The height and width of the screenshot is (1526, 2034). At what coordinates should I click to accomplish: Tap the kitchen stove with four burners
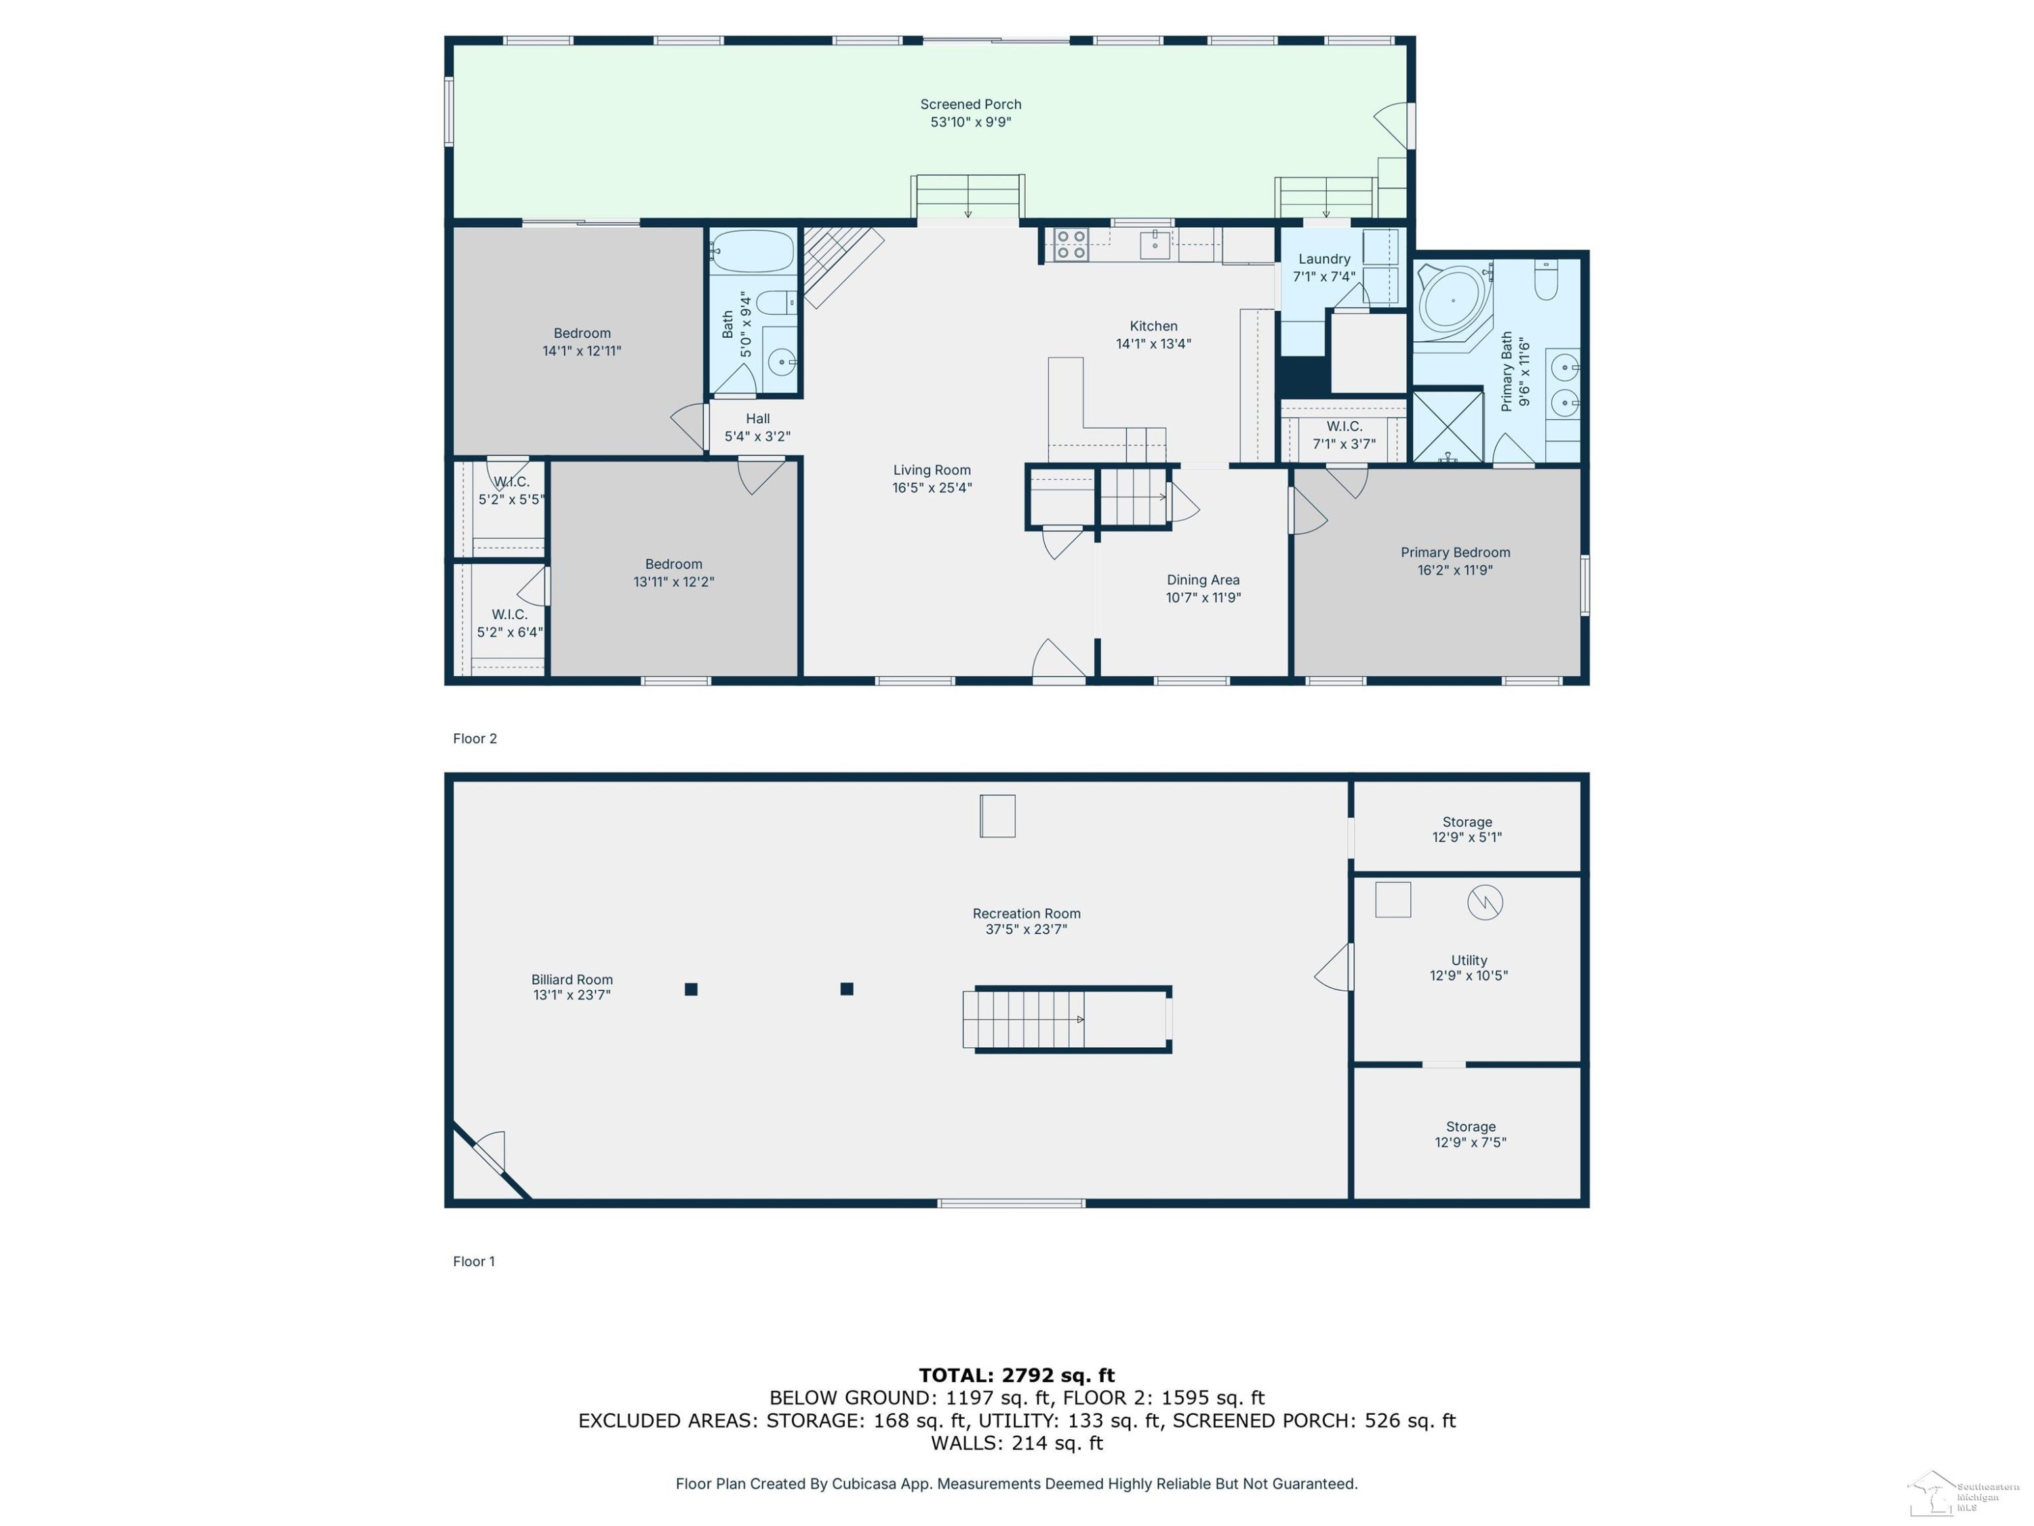point(1071,245)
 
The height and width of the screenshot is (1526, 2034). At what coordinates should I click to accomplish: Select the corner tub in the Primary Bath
point(1452,300)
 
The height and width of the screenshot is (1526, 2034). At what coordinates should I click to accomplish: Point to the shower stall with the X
point(1448,427)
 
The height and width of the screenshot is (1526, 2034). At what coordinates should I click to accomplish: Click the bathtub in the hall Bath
point(752,251)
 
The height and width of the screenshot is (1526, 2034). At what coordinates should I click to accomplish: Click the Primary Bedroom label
point(1455,561)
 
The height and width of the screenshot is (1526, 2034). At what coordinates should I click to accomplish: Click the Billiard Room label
point(572,987)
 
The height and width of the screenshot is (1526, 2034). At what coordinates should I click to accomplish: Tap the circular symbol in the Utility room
point(1484,902)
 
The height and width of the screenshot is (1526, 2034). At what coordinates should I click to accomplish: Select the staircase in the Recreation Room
point(1066,1019)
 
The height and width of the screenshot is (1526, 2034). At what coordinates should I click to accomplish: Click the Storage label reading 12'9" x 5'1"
point(1467,829)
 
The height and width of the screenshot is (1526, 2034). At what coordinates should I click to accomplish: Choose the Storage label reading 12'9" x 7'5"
point(1471,1134)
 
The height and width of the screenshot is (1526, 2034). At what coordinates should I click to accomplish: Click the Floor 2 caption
point(475,739)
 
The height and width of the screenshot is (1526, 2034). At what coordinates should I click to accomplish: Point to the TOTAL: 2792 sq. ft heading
point(1016,1375)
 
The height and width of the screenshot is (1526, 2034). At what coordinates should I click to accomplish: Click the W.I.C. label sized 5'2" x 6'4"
point(509,623)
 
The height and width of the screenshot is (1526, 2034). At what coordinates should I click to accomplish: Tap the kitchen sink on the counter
point(1155,245)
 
